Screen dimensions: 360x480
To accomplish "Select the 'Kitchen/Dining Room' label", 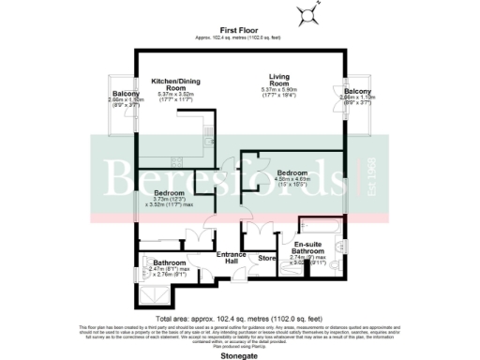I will point(178,84).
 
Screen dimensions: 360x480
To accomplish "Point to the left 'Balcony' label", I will point(127,94).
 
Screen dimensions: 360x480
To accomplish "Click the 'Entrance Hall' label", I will point(231,258).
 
